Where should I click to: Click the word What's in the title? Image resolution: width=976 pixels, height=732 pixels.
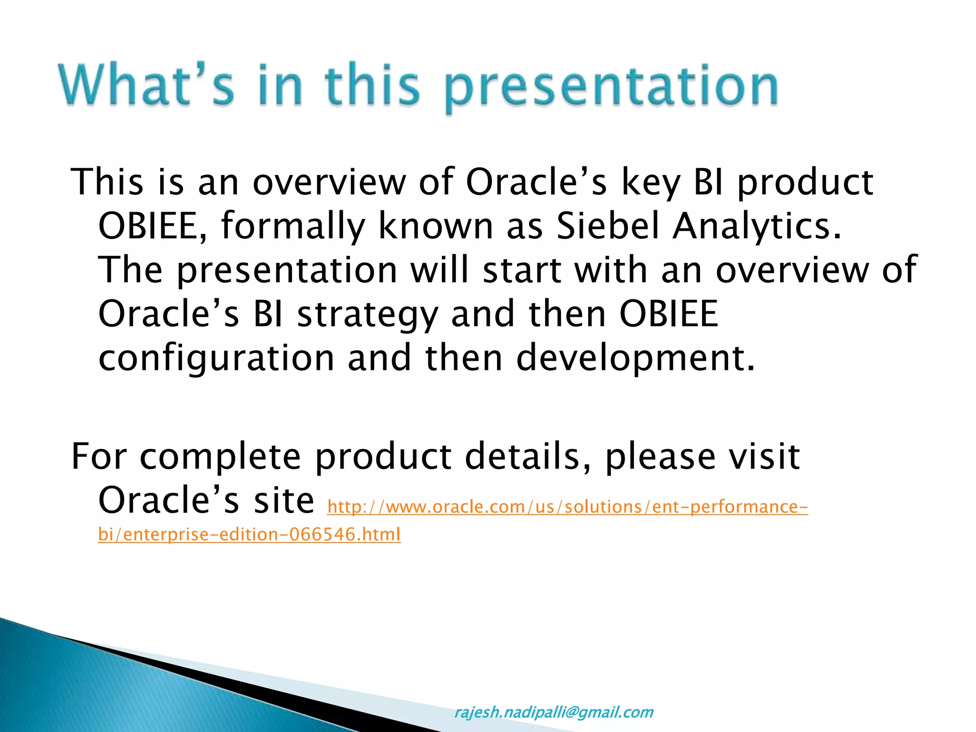click(147, 84)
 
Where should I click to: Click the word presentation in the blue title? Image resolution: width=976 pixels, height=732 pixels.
click(611, 88)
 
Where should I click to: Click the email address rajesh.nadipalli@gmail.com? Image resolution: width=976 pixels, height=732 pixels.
click(554, 712)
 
